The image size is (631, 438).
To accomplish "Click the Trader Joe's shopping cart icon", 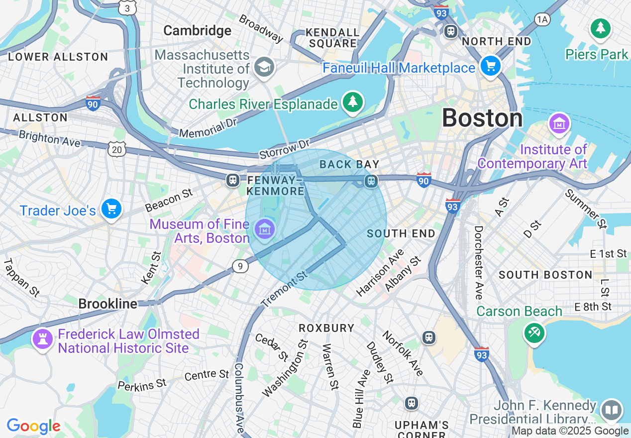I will click(x=111, y=209).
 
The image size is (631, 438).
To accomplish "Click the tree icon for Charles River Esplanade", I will click(x=353, y=102).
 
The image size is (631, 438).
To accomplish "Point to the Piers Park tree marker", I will click(x=601, y=28).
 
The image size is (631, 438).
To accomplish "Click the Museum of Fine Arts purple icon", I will click(x=264, y=229).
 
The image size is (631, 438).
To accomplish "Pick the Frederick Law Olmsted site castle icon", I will click(x=42, y=339).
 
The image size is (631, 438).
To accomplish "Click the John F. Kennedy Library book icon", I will click(x=611, y=410).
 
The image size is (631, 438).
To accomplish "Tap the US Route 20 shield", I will click(x=116, y=148).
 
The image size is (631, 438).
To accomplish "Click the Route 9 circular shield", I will click(x=240, y=267).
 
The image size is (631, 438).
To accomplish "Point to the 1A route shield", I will click(x=542, y=19).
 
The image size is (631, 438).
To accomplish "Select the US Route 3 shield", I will click(x=128, y=8).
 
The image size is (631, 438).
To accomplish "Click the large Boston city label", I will click(x=482, y=118).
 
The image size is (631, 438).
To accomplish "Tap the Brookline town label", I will click(x=107, y=304).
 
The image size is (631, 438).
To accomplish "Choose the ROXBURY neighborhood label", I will click(x=326, y=328).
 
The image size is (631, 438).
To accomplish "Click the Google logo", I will click(x=33, y=426).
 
